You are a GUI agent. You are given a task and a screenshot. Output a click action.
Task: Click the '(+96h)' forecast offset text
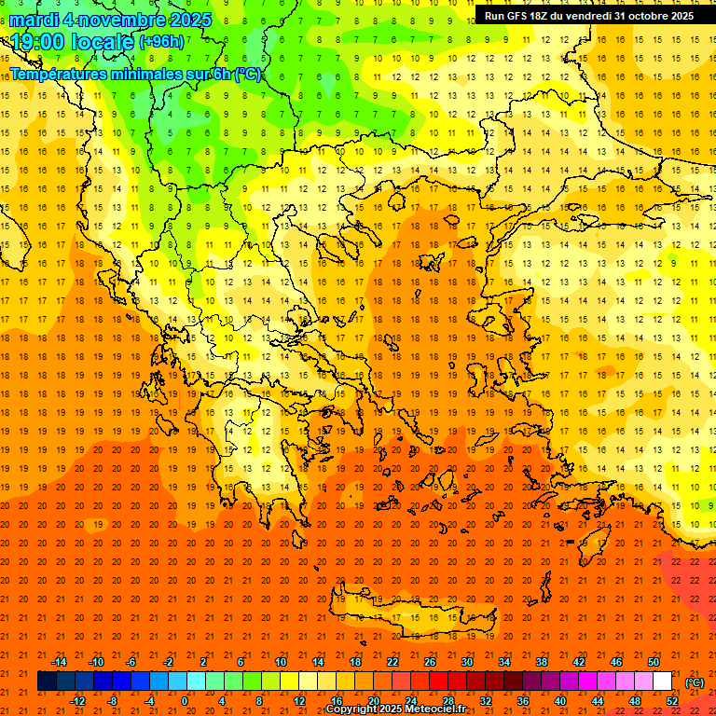click(161, 42)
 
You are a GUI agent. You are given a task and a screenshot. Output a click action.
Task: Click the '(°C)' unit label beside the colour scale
click(694, 682)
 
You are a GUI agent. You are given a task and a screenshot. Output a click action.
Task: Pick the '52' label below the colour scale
click(672, 701)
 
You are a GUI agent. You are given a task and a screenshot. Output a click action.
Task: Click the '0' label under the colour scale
click(185, 701)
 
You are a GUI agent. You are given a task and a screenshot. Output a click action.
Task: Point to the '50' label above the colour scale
click(653, 662)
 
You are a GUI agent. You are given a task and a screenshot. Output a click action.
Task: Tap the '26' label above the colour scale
click(430, 662)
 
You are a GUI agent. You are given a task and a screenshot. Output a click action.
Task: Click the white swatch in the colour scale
click(662, 682)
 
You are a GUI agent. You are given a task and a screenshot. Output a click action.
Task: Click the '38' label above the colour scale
click(542, 662)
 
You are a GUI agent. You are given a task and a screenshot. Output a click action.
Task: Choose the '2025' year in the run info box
click(679, 16)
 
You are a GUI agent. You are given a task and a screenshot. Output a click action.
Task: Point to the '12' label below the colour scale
click(299, 701)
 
